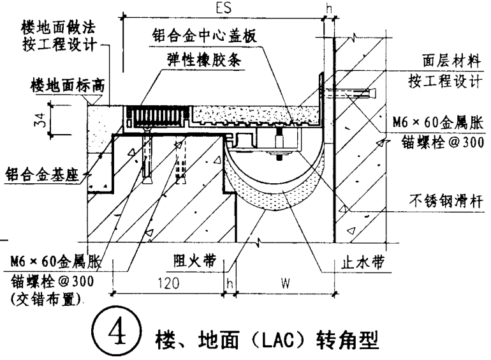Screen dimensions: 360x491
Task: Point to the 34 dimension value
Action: coord(42,119)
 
